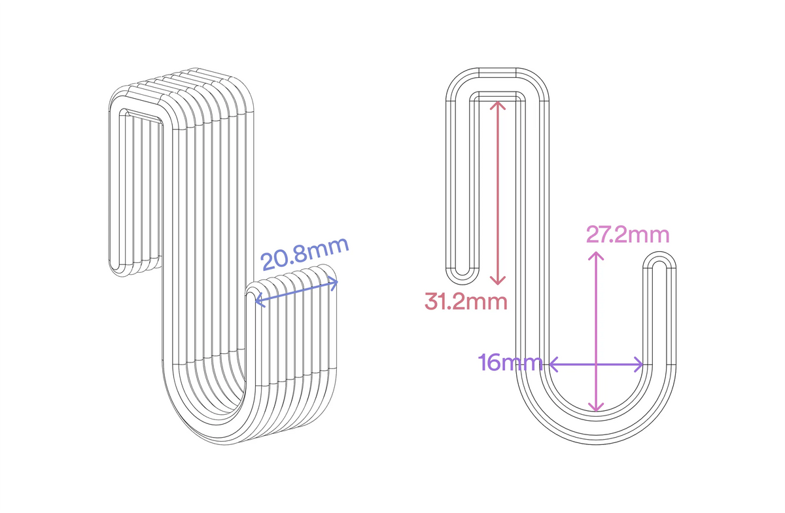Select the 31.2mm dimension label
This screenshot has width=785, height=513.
(x=466, y=302)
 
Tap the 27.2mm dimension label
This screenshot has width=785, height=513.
(x=627, y=235)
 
